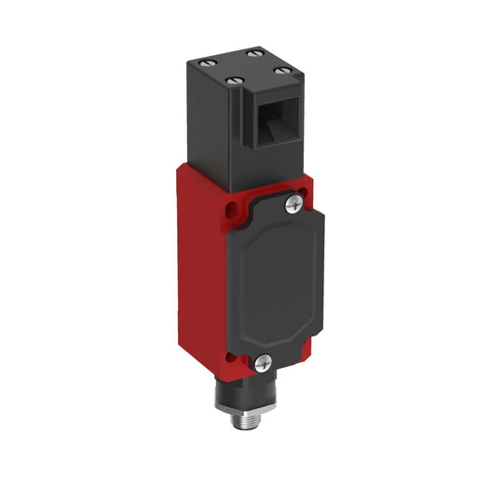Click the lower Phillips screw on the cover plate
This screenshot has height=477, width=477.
coord(264,361)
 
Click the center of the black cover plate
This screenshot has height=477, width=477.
coord(274,279)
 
